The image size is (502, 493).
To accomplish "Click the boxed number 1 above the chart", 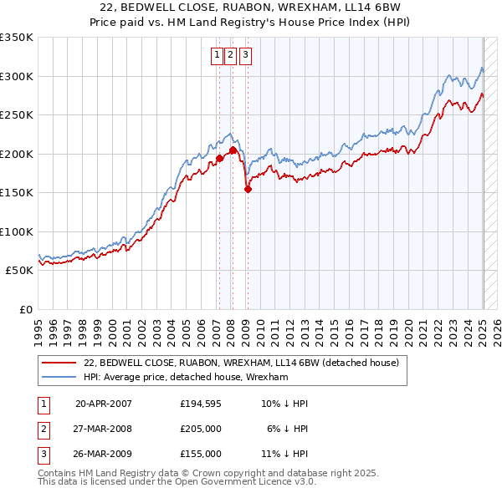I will coord(217,56).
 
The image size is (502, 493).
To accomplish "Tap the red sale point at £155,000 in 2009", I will coord(248,190).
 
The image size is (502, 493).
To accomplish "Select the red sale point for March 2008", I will coord(233,150).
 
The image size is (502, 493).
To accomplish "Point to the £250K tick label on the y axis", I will coord(17,115).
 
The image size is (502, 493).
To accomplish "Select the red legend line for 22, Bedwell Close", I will coord(59,363).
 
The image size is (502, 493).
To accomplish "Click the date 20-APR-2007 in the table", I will coord(104,404).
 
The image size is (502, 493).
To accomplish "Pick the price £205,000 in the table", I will coord(201,429).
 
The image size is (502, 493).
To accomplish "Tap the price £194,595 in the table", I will coord(201,404).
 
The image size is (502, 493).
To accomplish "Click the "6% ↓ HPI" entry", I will coord(287,429).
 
